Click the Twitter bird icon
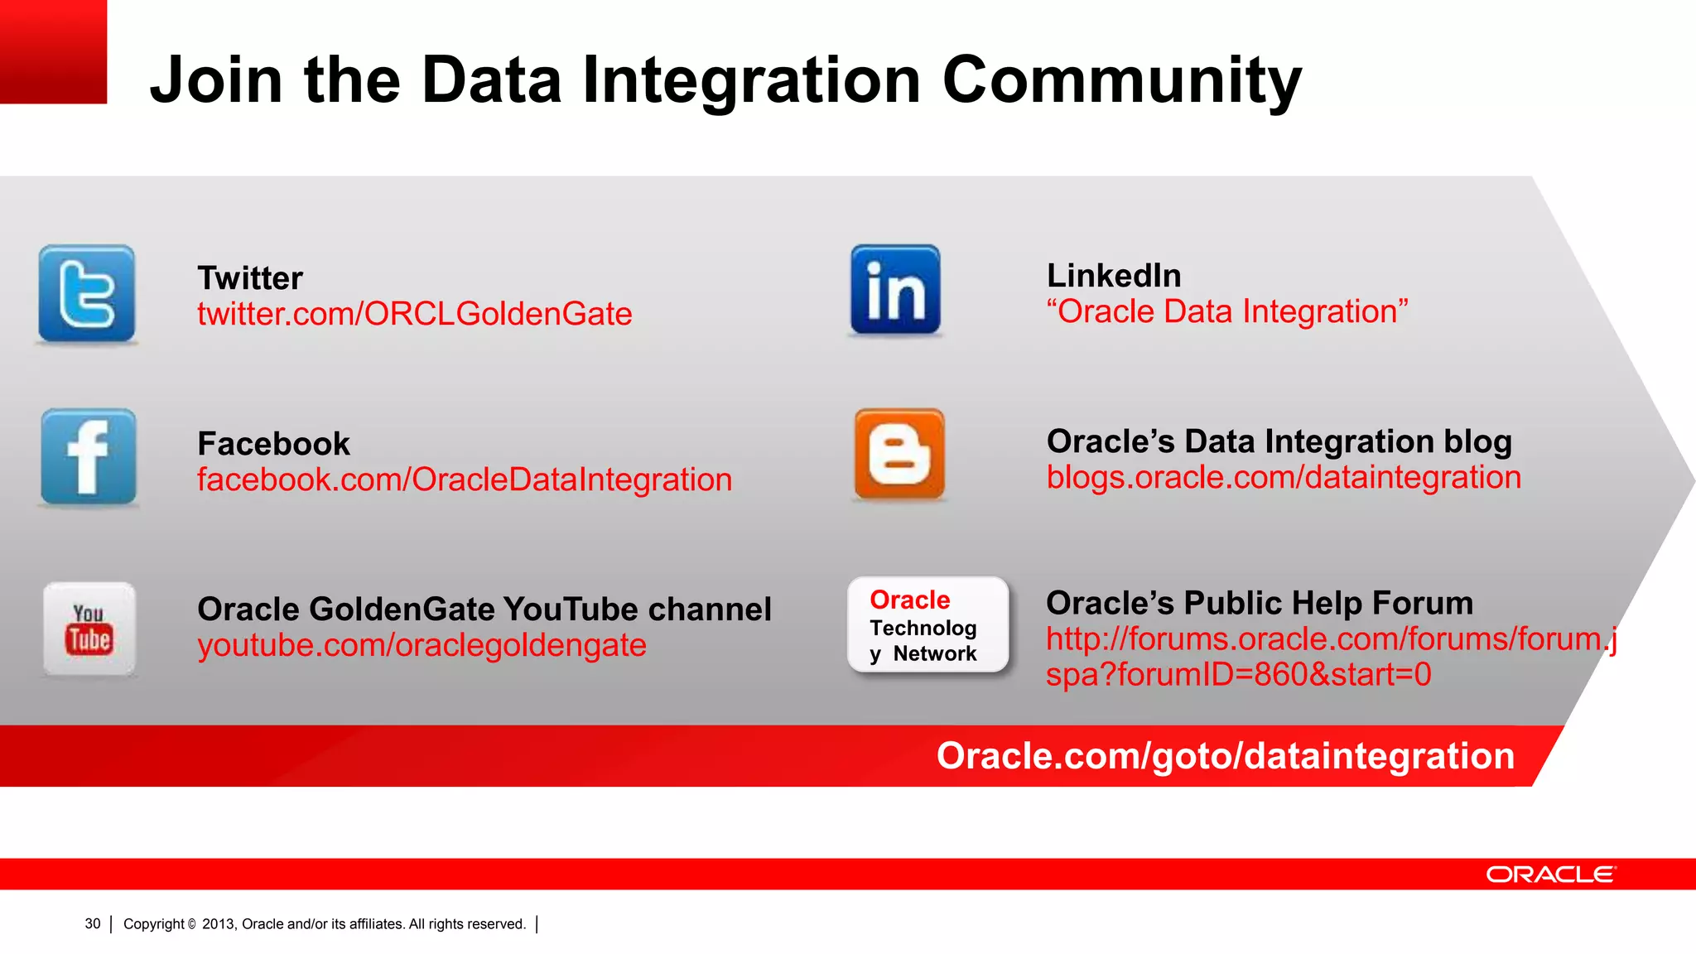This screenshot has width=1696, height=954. tap(87, 294)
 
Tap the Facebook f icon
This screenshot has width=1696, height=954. tap(89, 457)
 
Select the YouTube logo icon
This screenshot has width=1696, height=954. tap(89, 629)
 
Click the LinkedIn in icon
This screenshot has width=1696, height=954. tap(896, 290)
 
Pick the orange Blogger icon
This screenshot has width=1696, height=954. tap(899, 455)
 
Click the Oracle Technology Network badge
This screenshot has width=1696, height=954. tap(928, 625)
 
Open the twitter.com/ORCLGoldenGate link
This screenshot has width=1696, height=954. tap(414, 315)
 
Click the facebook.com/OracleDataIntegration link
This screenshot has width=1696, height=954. tap(464, 480)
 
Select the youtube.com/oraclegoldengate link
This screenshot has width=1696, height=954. tap(422, 646)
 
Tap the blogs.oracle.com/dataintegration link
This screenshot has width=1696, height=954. tap(1284, 478)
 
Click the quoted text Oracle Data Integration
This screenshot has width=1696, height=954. tap(1226, 312)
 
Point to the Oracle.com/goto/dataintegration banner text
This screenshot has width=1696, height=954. tap(1225, 756)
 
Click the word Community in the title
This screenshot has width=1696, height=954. tap(1122, 81)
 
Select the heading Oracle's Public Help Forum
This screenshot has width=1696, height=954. tap(1259, 603)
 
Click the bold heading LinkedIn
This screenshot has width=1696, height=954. tap(1114, 276)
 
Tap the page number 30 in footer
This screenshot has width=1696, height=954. tap(93, 924)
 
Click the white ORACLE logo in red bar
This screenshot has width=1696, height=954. tap(1549, 874)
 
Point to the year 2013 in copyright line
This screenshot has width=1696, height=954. tap(219, 924)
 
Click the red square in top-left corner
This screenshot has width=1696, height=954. tap(53, 51)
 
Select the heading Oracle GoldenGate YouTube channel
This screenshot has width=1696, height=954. tap(484, 609)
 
